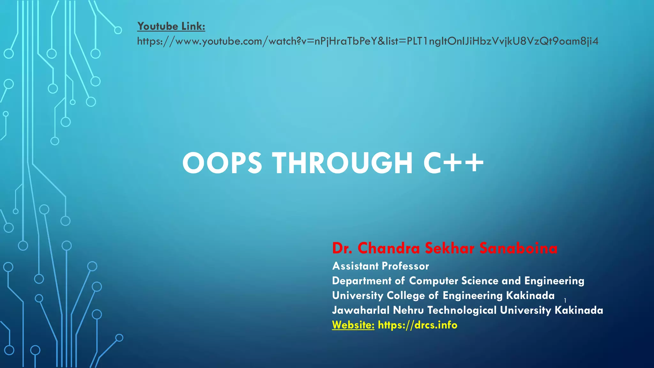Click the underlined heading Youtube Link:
coord(171,26)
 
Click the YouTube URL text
coord(368,41)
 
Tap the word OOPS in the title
coord(222,163)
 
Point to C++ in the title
coord(453,163)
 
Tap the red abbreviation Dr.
coord(342,248)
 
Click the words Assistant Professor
coord(380,266)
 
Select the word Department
coord(361,281)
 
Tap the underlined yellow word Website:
coord(353,325)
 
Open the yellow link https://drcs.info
coord(417,325)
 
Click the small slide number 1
coord(565,301)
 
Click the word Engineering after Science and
coord(554,281)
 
